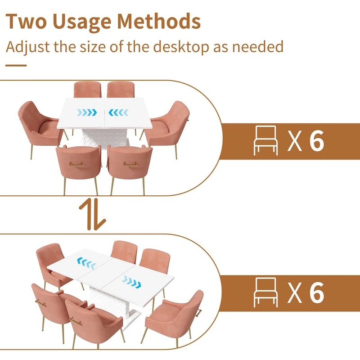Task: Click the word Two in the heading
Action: coord(26,21)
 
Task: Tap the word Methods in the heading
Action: coord(159,21)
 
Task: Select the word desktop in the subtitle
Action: coord(181,47)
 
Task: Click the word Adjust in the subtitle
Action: coord(27,48)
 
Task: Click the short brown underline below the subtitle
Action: coord(16,65)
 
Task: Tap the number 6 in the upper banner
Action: coord(317,141)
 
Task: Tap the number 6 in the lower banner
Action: coord(317,293)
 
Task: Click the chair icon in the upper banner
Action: coord(265,140)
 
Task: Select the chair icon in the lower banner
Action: coord(265,292)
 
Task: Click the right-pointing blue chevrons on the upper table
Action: coord(87,112)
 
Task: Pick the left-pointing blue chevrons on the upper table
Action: coord(118,112)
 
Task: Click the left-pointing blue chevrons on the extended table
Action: coord(87,263)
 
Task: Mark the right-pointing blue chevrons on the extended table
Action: coord(131,282)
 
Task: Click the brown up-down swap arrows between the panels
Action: coord(92,215)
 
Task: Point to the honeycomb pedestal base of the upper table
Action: coord(105,137)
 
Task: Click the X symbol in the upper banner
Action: coord(295,141)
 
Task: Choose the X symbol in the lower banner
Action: coord(295,293)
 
